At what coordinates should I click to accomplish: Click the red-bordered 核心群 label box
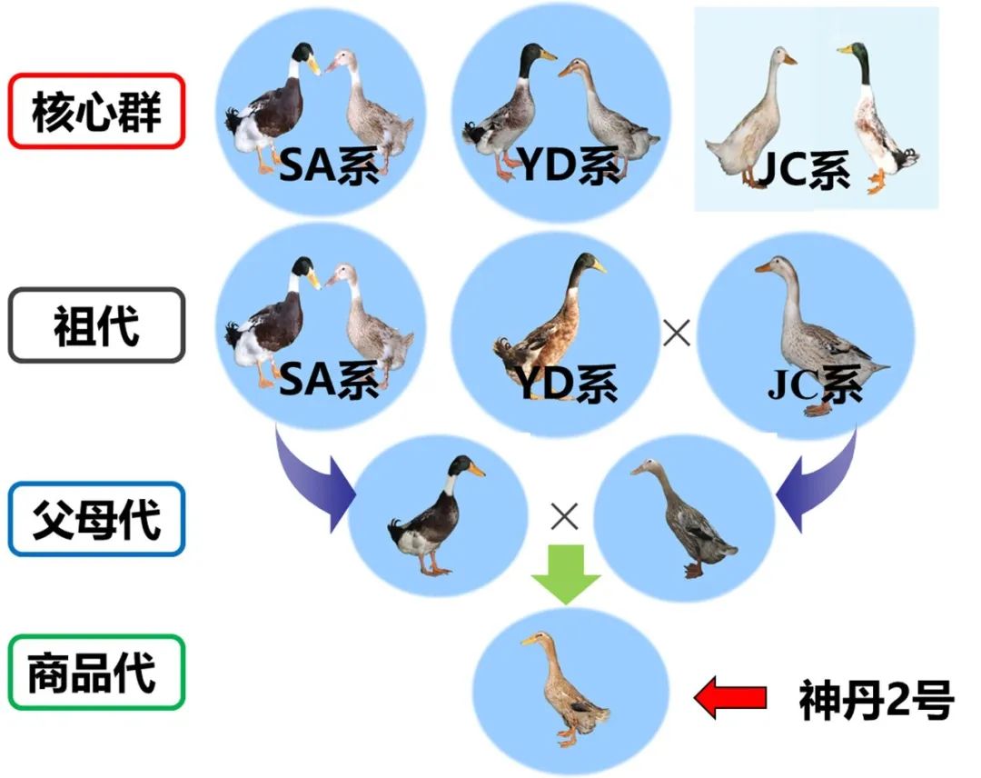[x=96, y=111]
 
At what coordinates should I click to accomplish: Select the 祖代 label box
[x=96, y=324]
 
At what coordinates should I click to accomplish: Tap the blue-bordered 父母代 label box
[x=96, y=519]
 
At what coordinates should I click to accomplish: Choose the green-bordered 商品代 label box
[x=96, y=673]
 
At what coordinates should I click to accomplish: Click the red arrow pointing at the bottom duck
[x=729, y=698]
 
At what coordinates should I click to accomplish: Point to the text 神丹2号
[x=876, y=700]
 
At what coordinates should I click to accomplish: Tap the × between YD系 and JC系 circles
[x=677, y=334]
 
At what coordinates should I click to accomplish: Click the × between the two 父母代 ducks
[x=565, y=517]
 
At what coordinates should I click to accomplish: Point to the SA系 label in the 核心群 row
[x=329, y=166]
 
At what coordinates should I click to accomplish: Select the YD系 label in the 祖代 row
[x=569, y=384]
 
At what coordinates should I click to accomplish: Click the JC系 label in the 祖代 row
[x=815, y=385]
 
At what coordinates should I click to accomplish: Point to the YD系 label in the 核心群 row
[x=570, y=166]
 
